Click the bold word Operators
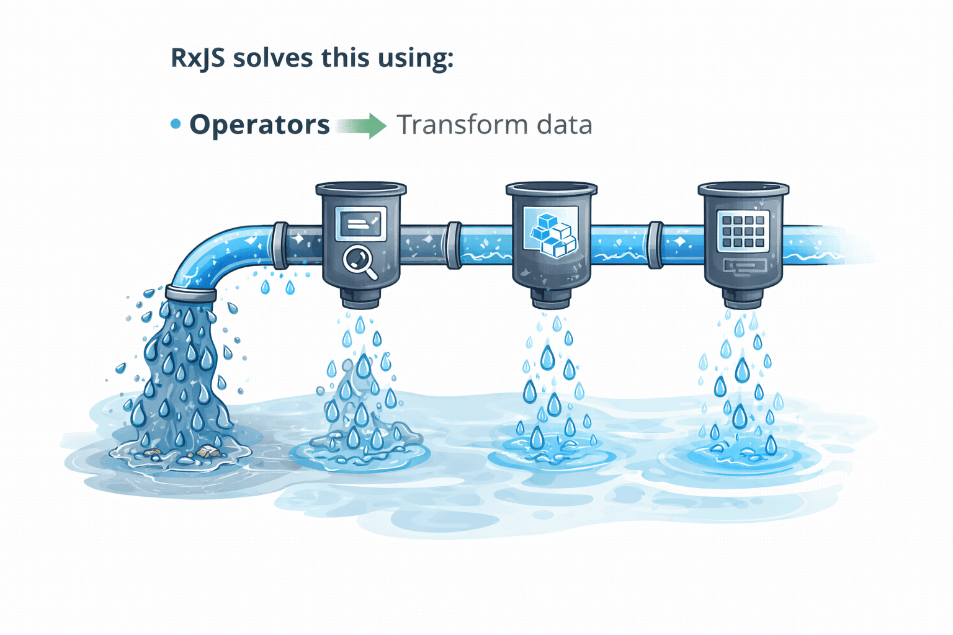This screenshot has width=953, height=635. point(259,125)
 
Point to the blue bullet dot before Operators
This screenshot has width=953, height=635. point(176,124)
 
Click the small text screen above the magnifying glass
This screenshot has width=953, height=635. point(360,224)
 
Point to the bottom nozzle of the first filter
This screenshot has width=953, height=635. point(360,299)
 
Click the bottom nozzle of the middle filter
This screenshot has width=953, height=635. point(551,299)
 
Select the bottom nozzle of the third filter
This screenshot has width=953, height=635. point(743,298)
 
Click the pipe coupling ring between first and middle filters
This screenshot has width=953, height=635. point(454,245)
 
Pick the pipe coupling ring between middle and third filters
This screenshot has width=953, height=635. point(655,245)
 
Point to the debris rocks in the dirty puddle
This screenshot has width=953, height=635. point(208,453)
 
